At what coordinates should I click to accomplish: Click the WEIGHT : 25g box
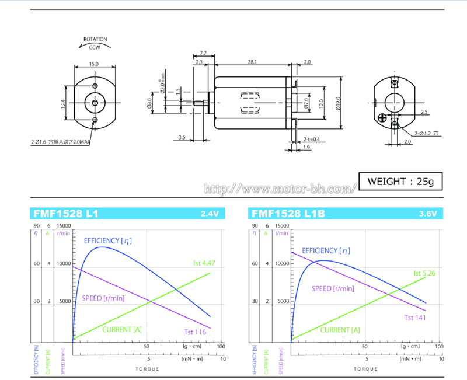tap(400, 182)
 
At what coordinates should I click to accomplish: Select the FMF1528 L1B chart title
tap(283, 214)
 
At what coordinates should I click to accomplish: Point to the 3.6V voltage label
tap(427, 214)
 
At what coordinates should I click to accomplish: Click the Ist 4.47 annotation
tap(204, 263)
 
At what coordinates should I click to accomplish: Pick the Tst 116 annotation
tap(195, 332)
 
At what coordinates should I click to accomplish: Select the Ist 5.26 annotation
tap(424, 273)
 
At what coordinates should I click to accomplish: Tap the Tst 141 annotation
tap(414, 318)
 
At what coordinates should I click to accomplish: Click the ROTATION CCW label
tap(94, 43)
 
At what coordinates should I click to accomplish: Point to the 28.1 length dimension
tap(252, 61)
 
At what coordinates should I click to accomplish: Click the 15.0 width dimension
tap(94, 64)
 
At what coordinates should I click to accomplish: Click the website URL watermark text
tap(280, 189)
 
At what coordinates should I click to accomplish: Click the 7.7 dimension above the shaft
tap(203, 53)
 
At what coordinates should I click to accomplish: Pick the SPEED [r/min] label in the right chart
tap(333, 288)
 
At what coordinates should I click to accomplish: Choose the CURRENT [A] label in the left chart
tap(122, 329)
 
